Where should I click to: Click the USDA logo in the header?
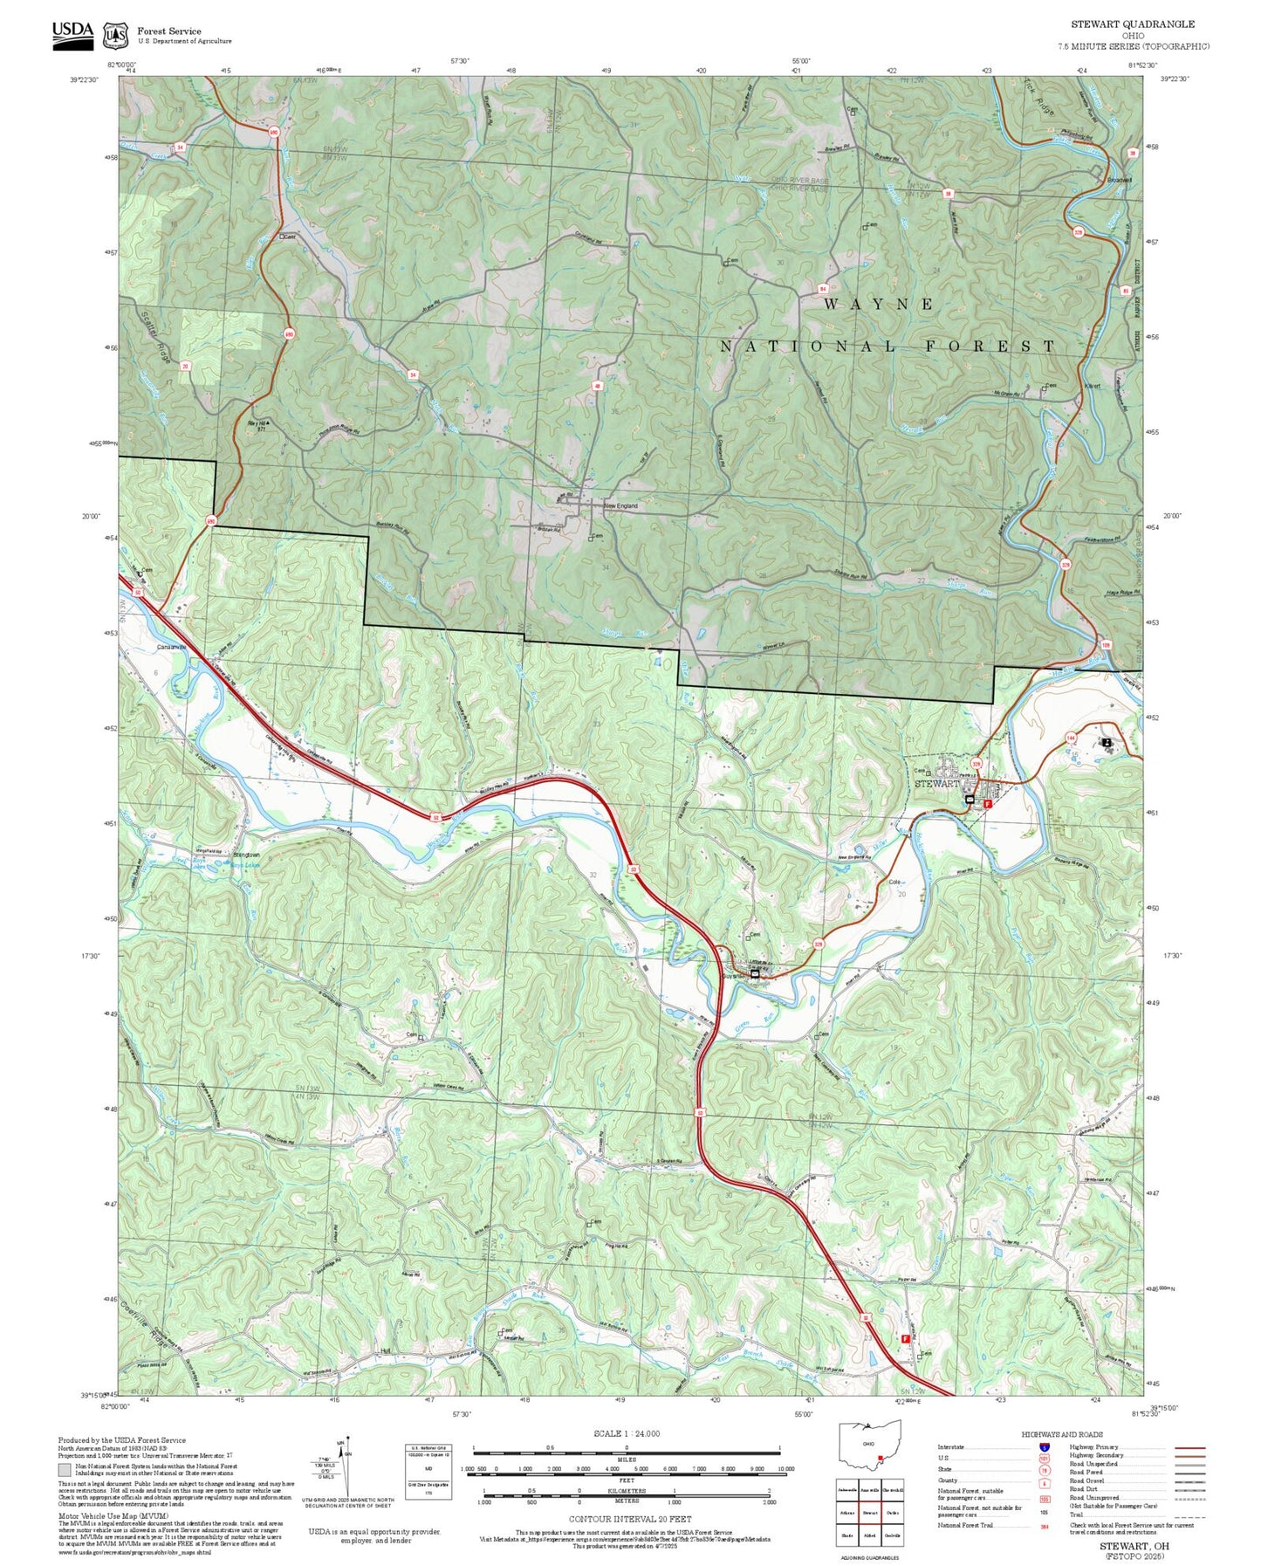point(72,31)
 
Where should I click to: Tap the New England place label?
point(620,505)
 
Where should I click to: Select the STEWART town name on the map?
point(936,783)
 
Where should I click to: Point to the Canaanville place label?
point(171,647)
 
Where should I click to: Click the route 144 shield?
point(1071,738)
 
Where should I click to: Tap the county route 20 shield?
point(185,366)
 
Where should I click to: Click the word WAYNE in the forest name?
point(879,304)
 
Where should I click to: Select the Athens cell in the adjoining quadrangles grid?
point(846,1513)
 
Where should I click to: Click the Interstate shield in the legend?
point(1045,1446)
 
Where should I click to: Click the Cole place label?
point(894,882)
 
